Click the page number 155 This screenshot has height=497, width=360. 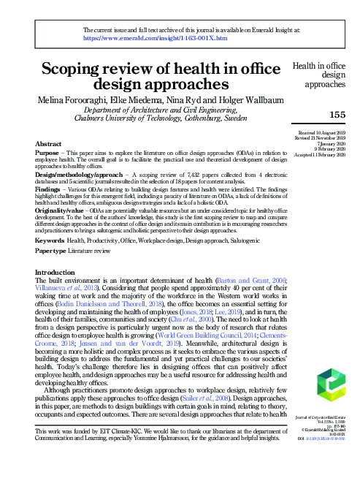click(337, 115)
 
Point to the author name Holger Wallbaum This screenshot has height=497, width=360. click(231, 98)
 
